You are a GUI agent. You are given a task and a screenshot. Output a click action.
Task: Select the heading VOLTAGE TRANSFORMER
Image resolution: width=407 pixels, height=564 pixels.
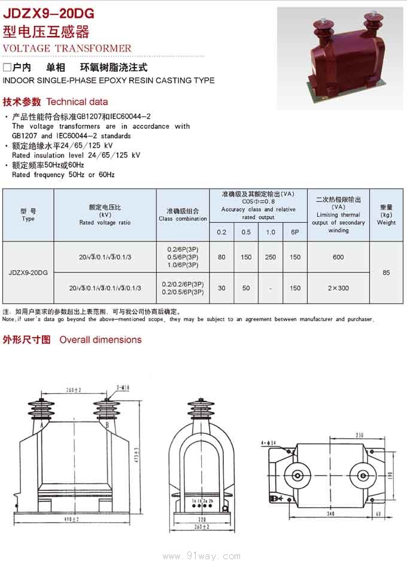tap(67, 48)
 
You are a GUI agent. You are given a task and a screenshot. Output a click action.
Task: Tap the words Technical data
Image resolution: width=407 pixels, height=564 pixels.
tap(77, 102)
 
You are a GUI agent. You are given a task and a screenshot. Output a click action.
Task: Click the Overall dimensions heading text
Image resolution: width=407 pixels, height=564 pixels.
tap(101, 339)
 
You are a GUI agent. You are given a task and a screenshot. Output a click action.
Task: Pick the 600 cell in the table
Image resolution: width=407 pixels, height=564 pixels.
tap(338, 257)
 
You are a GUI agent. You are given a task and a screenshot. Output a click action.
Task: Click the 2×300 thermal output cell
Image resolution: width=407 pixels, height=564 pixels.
tap(338, 288)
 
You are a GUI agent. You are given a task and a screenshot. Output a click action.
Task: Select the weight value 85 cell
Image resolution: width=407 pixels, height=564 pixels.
tap(386, 272)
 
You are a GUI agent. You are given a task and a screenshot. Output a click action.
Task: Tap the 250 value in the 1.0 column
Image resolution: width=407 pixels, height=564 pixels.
tap(271, 257)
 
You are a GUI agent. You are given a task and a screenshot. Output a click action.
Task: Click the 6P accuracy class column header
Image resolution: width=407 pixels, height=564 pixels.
tap(295, 231)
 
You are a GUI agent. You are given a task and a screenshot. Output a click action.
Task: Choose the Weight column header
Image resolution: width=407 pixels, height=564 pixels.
tap(386, 215)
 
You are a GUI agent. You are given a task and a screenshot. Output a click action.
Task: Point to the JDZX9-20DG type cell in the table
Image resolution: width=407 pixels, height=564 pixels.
tap(28, 272)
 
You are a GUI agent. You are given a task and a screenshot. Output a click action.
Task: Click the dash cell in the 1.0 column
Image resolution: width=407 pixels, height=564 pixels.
tap(271, 289)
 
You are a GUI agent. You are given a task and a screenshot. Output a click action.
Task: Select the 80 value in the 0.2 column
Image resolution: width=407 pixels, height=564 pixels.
tap(221, 257)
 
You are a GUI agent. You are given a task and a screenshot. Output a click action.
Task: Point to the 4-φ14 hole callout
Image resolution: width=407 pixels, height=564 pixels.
tap(269, 442)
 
